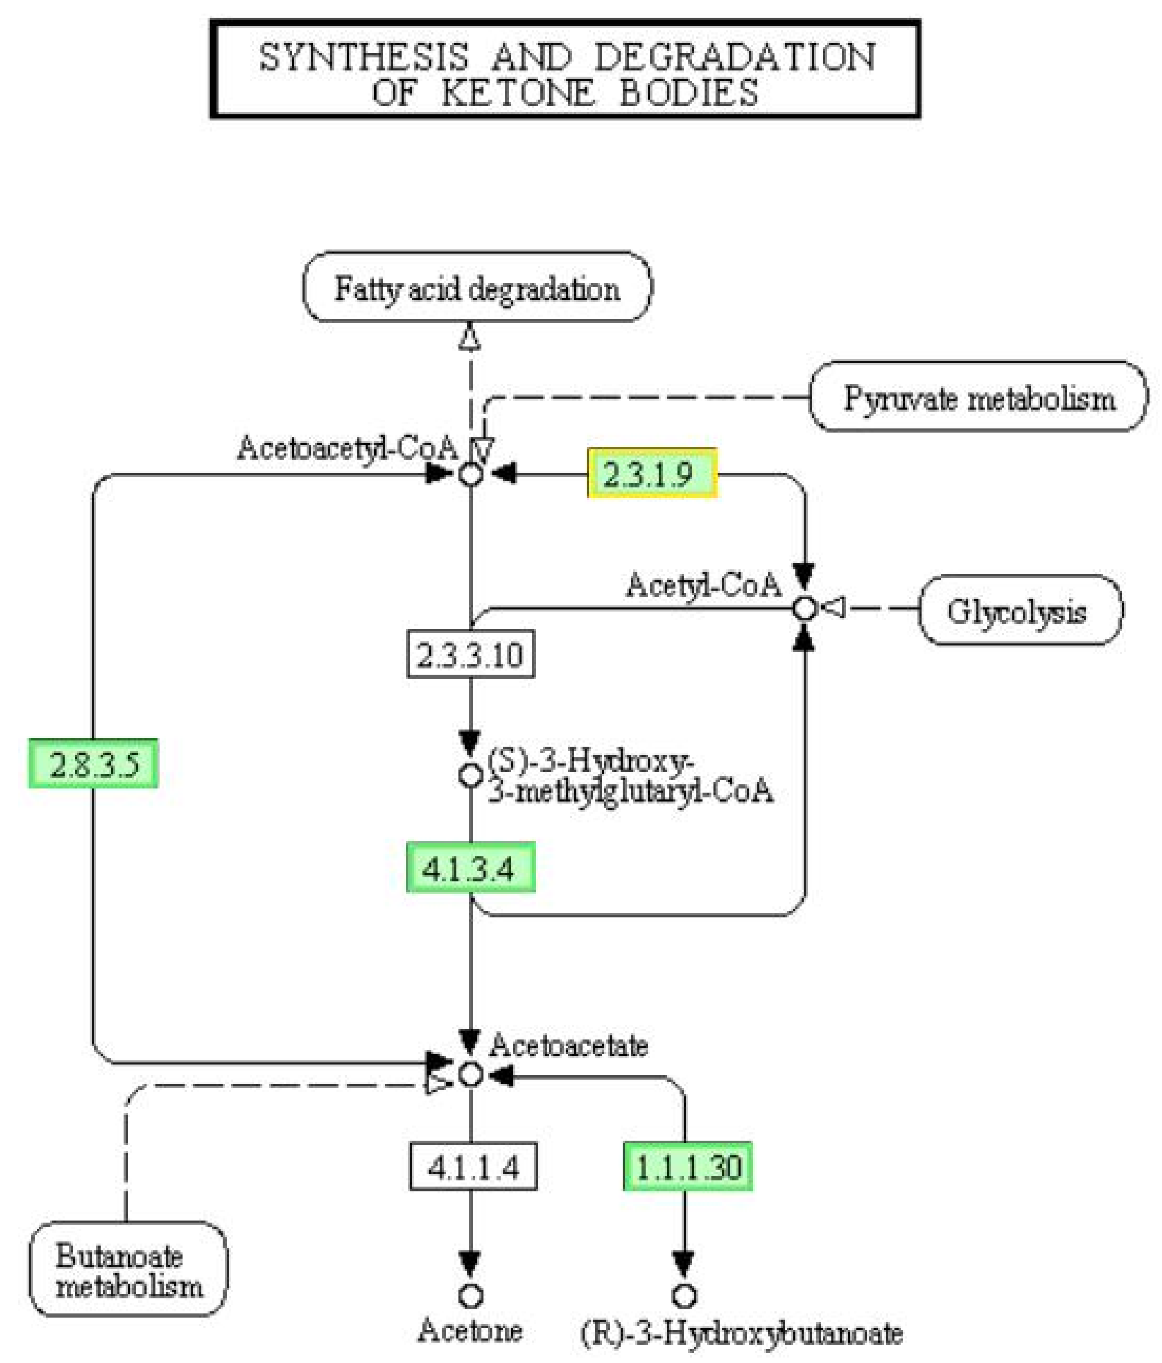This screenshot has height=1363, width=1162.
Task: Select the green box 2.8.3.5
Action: [93, 764]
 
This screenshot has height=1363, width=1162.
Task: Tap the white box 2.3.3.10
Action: [470, 654]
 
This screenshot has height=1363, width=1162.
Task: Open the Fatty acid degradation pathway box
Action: [477, 288]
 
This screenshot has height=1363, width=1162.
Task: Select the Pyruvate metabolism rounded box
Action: [978, 397]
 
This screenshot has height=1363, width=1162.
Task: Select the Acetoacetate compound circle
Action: [470, 1074]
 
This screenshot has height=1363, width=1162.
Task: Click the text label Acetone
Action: [470, 1330]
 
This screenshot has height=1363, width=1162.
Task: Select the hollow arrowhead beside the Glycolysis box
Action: [834, 608]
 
